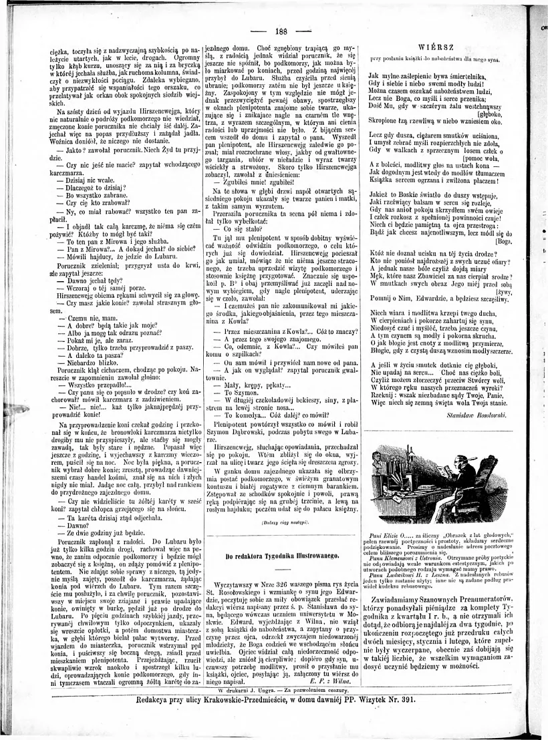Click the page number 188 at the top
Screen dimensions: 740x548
281,31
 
